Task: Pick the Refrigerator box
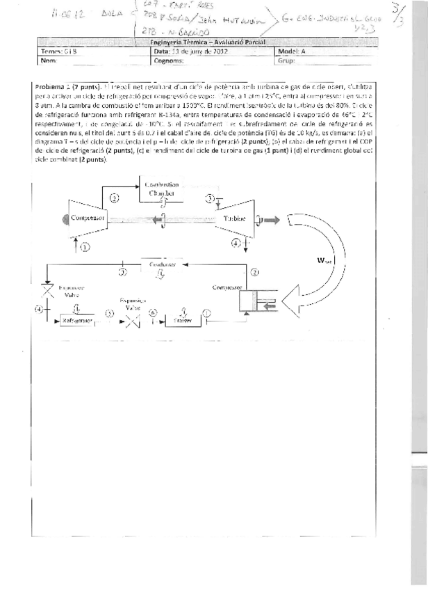(x=76, y=321)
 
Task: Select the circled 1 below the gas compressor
(x=85, y=246)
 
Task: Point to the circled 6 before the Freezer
(x=154, y=313)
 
